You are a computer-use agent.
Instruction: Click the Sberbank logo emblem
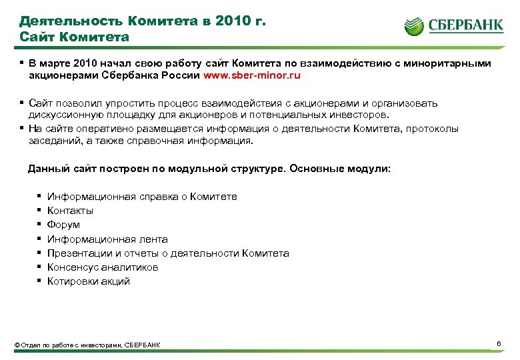pos(414,26)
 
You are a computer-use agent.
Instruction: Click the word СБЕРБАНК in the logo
pos(465,26)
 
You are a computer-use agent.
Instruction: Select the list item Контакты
pos(70,211)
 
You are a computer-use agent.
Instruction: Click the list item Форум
pos(63,225)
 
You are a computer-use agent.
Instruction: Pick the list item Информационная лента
pos(107,239)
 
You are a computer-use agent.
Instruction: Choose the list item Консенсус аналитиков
pos(103,267)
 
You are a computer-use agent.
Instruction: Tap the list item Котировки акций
pos(89,281)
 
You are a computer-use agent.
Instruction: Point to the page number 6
pos(499,343)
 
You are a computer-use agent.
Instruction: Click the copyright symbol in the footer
pos(17,345)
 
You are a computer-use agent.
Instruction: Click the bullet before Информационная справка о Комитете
pos(39,196)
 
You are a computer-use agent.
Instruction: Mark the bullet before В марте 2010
pos(21,63)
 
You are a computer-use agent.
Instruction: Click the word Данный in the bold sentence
pos(46,169)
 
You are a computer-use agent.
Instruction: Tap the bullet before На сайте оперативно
pos(21,128)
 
